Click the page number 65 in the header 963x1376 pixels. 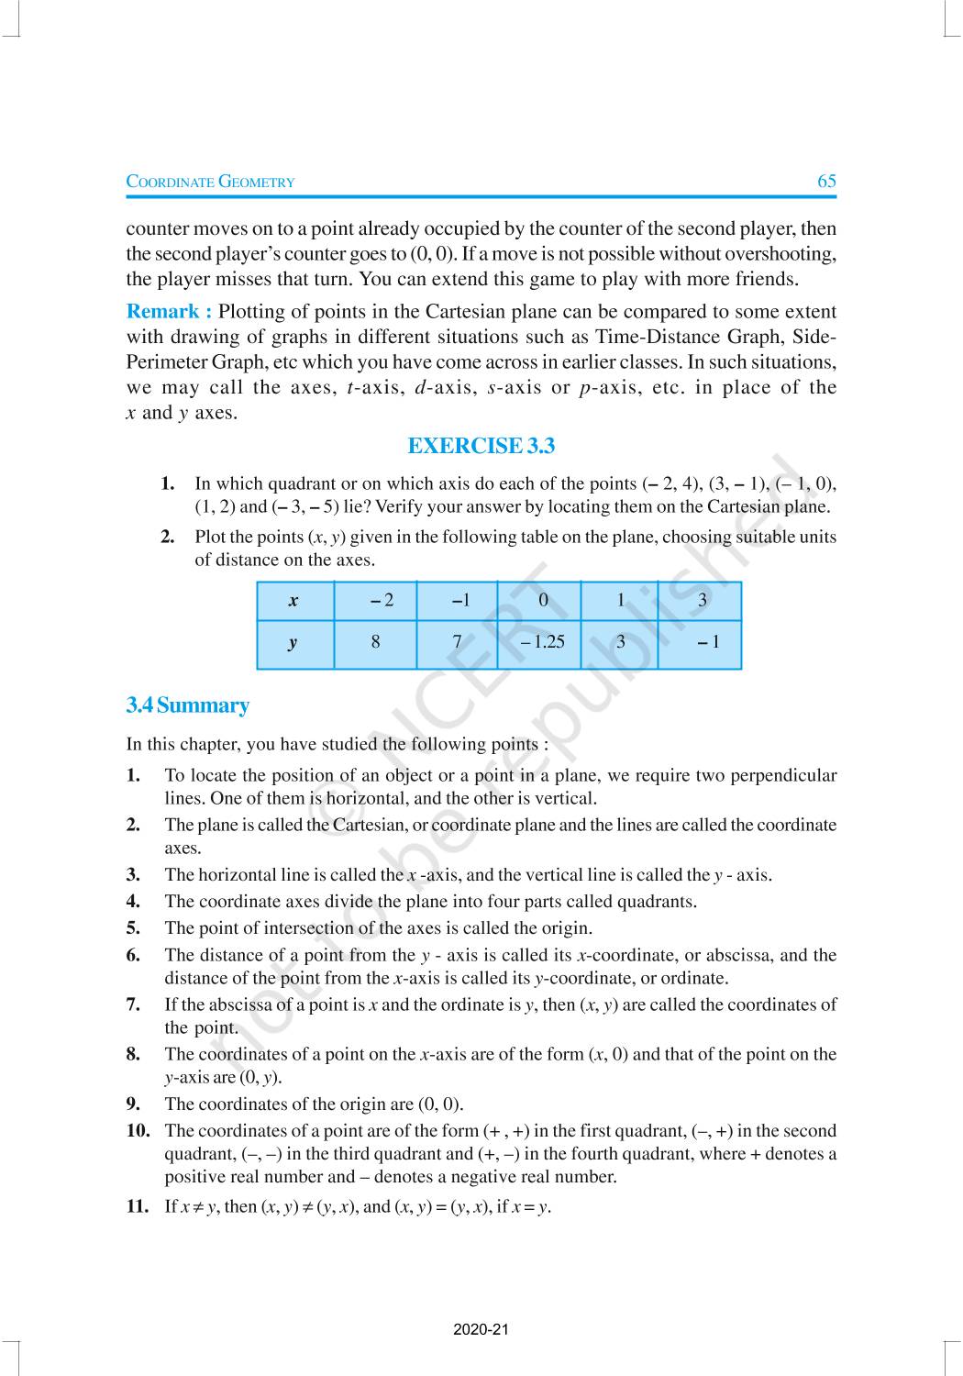coord(826,181)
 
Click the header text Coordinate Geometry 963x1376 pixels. coord(210,182)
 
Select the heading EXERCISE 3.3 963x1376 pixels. coord(481,446)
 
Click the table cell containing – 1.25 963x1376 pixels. coord(541,642)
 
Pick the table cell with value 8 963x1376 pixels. coord(375,642)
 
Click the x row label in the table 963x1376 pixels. coord(293,602)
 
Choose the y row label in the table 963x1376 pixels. coord(293,642)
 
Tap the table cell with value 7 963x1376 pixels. coord(457,642)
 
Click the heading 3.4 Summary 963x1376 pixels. coord(188,705)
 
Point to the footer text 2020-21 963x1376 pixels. coord(481,1329)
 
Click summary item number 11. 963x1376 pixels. coord(138,1206)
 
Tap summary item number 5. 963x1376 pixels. coord(134,927)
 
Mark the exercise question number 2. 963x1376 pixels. coord(168,537)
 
